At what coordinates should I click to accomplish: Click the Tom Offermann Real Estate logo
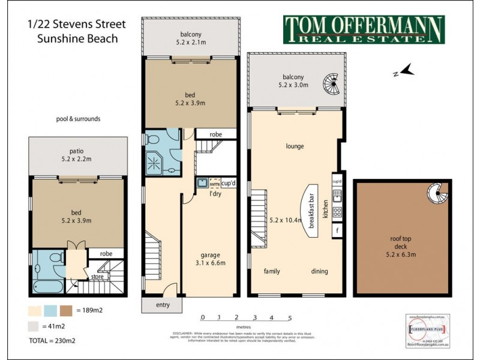click(x=364, y=29)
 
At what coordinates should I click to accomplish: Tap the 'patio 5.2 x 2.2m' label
click(x=78, y=148)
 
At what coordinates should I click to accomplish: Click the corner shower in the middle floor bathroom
click(x=154, y=160)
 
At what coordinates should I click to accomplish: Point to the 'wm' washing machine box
click(x=214, y=183)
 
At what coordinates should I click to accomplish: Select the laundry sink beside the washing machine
click(x=202, y=182)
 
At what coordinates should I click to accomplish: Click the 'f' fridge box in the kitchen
click(x=338, y=230)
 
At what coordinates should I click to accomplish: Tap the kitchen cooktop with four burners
click(x=337, y=211)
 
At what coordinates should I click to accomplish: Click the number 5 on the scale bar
click(x=290, y=317)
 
